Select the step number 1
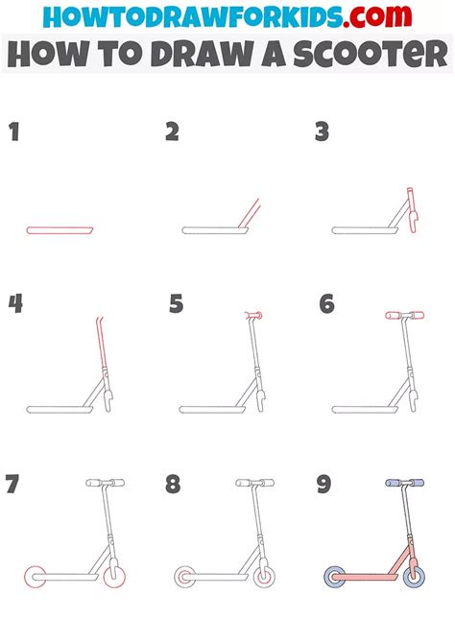tap(14, 131)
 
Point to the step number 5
tap(176, 305)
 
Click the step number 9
tap(325, 483)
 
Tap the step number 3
tap(323, 131)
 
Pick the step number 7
tap(13, 484)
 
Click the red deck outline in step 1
tap(60, 230)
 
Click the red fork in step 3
tap(411, 213)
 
